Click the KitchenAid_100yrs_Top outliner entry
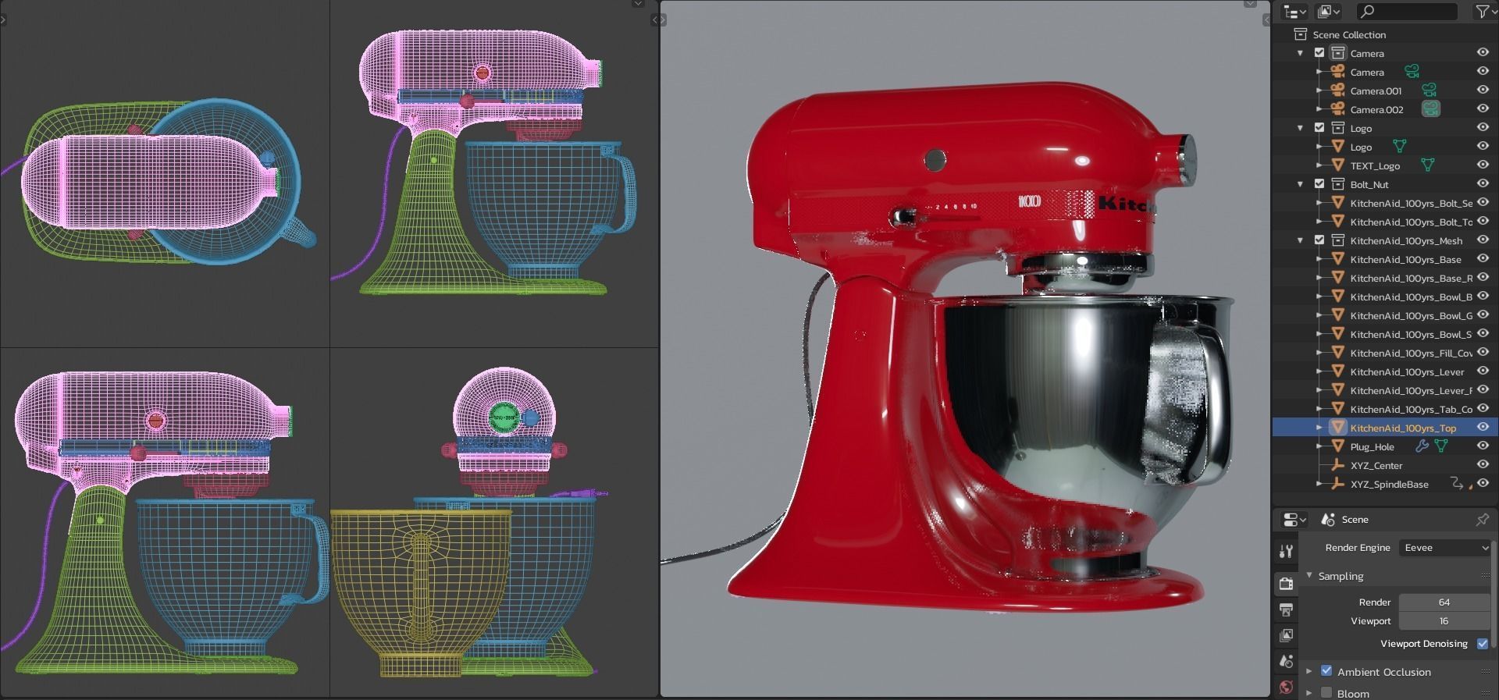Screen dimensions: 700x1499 [x=1402, y=428]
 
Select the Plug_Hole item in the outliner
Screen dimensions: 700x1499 [x=1372, y=446]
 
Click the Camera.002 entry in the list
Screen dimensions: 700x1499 [x=1376, y=109]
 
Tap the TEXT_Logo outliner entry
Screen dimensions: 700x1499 [x=1374, y=165]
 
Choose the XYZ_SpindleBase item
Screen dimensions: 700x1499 [x=1389, y=484]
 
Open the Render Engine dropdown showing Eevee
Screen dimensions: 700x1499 [x=1444, y=548]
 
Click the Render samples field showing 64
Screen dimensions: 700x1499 [x=1443, y=602]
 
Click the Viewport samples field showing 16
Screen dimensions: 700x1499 [x=1443, y=621]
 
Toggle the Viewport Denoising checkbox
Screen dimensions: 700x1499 [x=1482, y=643]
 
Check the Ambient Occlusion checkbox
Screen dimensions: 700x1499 [x=1326, y=670]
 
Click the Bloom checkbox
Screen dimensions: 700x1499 [x=1326, y=692]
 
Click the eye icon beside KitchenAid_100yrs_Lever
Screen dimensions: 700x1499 [x=1483, y=371]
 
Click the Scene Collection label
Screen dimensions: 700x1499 [x=1348, y=34]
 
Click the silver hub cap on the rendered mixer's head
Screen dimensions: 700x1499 [x=1185, y=158]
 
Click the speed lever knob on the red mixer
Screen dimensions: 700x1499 [x=904, y=215]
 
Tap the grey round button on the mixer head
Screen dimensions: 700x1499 [x=935, y=160]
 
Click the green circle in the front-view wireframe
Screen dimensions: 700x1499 [x=504, y=418]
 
